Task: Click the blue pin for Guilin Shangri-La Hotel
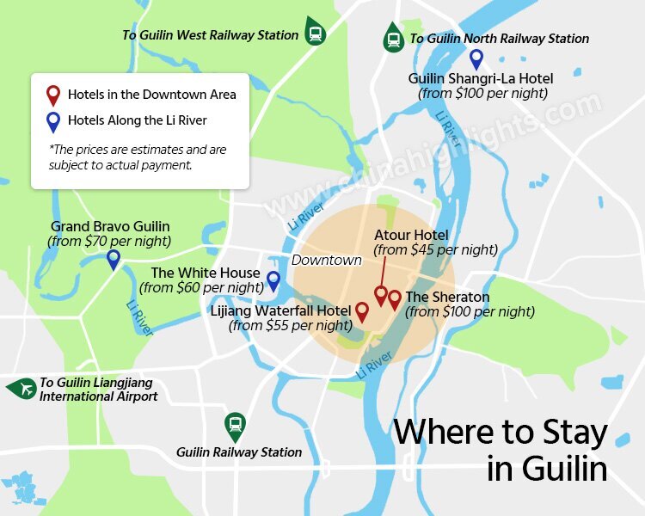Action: click(x=476, y=58)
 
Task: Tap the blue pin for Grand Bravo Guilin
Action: click(x=113, y=258)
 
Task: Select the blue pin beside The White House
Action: click(x=273, y=279)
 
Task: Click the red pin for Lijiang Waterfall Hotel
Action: click(x=362, y=310)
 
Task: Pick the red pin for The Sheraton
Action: click(x=394, y=298)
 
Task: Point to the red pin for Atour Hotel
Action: click(x=380, y=294)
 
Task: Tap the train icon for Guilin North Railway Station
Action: click(x=394, y=38)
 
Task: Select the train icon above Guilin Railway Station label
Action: click(x=234, y=424)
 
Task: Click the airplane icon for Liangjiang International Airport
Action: click(x=21, y=389)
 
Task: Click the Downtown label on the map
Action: click(x=326, y=260)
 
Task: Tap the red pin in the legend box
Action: click(x=53, y=94)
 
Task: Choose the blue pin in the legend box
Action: click(x=53, y=121)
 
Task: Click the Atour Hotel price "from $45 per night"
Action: click(x=435, y=250)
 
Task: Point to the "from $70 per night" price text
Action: click(x=109, y=242)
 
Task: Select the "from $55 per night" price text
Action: click(x=291, y=326)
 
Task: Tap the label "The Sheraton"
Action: click(x=447, y=298)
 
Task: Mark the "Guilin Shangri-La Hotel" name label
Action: click(x=481, y=78)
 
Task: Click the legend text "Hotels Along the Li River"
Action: click(x=138, y=121)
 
